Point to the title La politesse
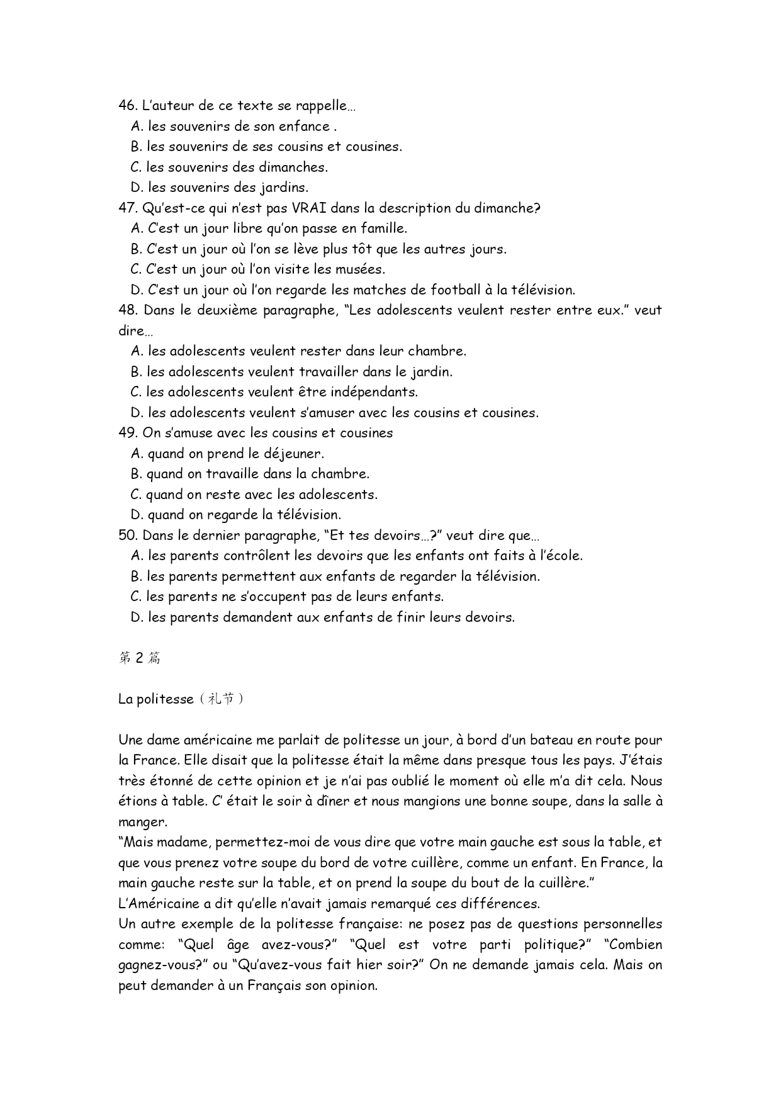(x=155, y=699)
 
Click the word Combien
(x=636, y=945)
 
